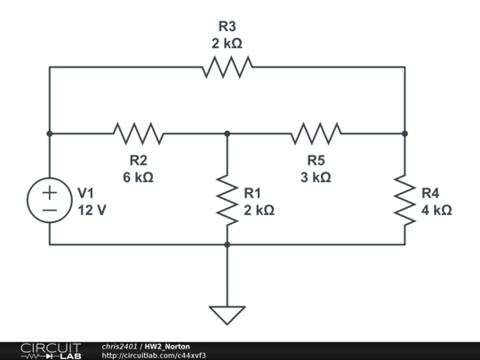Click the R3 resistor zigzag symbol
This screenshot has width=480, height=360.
point(228,67)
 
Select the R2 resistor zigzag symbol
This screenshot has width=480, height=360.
point(139,133)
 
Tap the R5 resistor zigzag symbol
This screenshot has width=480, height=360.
point(316,133)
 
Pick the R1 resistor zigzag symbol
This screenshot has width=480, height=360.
point(228,200)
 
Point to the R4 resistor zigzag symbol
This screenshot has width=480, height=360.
point(404,200)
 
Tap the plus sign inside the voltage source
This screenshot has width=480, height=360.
point(50,193)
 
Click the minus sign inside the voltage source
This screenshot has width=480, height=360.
point(50,210)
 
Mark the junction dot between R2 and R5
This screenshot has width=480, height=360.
point(228,133)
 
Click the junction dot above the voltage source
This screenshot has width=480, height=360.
point(50,133)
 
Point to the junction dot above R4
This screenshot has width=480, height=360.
point(404,133)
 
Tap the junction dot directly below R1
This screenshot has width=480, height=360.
point(228,244)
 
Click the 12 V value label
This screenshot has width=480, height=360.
point(92,211)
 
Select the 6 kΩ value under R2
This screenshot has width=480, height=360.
point(138,177)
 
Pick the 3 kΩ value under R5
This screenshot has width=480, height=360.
point(316,177)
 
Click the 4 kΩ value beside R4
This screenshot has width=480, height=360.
point(436,211)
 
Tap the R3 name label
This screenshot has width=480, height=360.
point(228,27)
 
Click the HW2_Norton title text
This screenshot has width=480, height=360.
point(167,347)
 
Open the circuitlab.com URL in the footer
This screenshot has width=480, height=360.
point(154,356)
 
